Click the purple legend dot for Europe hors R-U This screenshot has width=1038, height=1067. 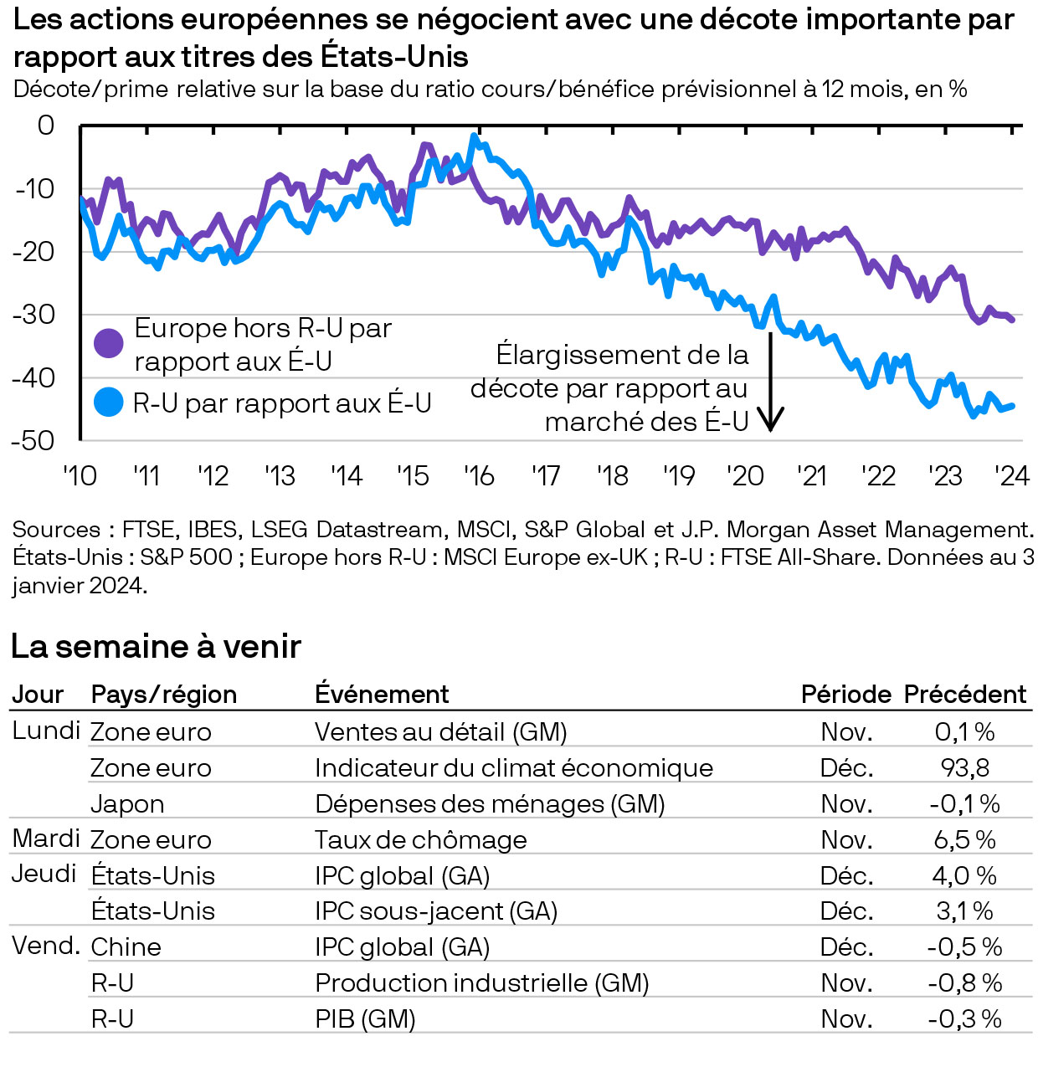[109, 343]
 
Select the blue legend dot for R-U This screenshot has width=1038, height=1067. [109, 403]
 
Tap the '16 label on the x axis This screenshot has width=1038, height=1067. [479, 476]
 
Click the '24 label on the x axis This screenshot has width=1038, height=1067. [1011, 476]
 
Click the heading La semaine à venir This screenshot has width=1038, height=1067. [156, 647]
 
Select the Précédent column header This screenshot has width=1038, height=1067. [964, 695]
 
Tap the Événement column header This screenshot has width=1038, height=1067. [382, 695]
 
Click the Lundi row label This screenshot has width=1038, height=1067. [46, 731]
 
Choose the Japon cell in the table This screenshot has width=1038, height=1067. [127, 804]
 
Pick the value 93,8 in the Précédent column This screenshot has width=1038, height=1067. [964, 768]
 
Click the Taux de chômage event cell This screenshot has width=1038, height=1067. [421, 840]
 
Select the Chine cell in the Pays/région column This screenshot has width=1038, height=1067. [126, 947]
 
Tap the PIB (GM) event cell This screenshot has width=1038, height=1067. [365, 1019]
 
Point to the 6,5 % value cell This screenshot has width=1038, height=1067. [964, 840]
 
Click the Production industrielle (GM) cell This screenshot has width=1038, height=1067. [482, 983]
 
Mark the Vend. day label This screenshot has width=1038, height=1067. [46, 946]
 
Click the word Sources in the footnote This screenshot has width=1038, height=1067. [56, 530]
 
